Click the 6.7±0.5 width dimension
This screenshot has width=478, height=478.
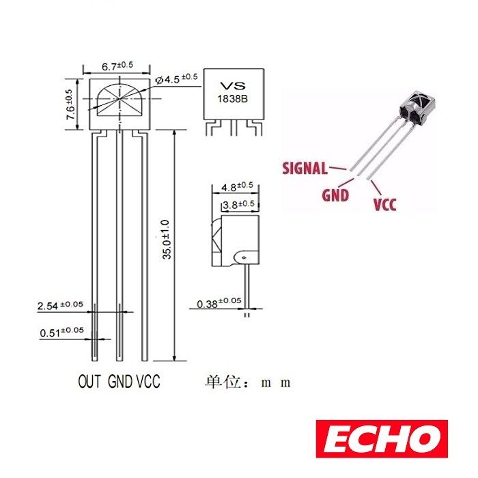[117, 66]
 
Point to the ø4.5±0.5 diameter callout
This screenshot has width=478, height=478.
[176, 78]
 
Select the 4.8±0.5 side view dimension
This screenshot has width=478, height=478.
[236, 186]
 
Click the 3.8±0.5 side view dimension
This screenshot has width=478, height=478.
[239, 204]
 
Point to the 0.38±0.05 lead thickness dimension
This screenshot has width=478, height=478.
[219, 303]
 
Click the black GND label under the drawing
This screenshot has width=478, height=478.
[121, 382]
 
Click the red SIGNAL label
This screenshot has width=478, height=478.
[305, 167]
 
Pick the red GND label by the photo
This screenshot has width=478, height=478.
[335, 195]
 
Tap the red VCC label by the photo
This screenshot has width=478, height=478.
[384, 203]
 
